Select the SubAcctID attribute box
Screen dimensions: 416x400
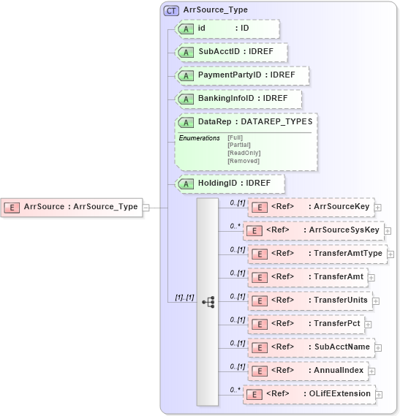click(232, 53)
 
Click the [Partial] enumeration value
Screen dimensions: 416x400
click(239, 145)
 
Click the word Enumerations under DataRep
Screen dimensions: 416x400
click(199, 137)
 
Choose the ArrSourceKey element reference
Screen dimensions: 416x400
click(312, 207)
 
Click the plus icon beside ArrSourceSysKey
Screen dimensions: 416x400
click(388, 231)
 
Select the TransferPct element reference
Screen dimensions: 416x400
click(311, 323)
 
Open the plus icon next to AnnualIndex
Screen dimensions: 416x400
click(371, 371)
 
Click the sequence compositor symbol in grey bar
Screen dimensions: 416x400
click(208, 300)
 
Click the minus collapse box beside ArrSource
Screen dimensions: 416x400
click(146, 207)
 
